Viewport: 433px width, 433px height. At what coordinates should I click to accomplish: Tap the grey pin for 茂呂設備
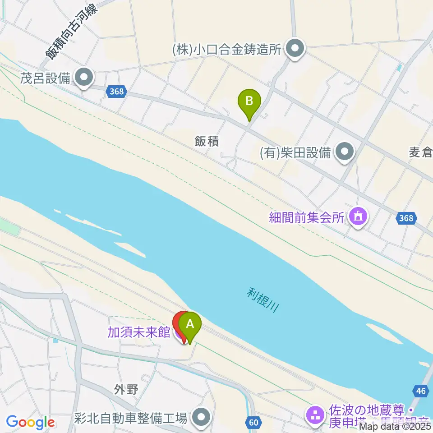pyautogui.click(x=84, y=78)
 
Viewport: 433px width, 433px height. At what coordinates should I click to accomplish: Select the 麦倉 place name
pyautogui.click(x=421, y=152)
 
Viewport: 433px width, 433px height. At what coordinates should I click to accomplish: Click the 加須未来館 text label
pyautogui.click(x=138, y=332)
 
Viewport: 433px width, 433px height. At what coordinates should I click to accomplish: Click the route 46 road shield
pyautogui.click(x=420, y=391)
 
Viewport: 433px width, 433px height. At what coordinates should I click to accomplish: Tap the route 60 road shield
pyautogui.click(x=253, y=422)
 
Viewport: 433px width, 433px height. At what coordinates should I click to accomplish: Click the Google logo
pyautogui.click(x=30, y=422)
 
